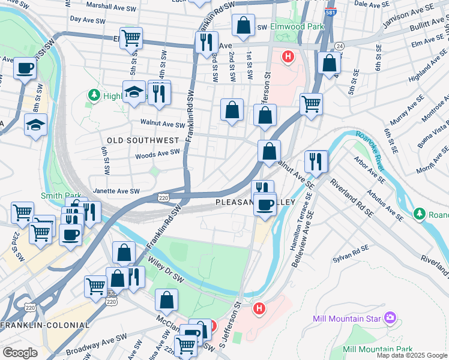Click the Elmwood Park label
pyautogui.click(x=297, y=27)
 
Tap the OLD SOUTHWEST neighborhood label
pyautogui.click(x=143, y=140)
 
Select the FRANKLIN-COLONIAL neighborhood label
pyautogui.click(x=45, y=325)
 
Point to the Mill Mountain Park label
pyautogui.click(x=378, y=349)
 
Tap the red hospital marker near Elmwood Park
pyautogui.click(x=288, y=58)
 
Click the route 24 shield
pyautogui.click(x=340, y=46)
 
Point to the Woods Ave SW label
pyautogui.click(x=158, y=154)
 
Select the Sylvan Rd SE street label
pyautogui.click(x=352, y=254)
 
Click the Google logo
pyautogui.click(x=20, y=352)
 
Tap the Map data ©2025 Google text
pyautogui.click(x=412, y=355)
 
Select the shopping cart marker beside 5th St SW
pyautogui.click(x=131, y=38)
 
